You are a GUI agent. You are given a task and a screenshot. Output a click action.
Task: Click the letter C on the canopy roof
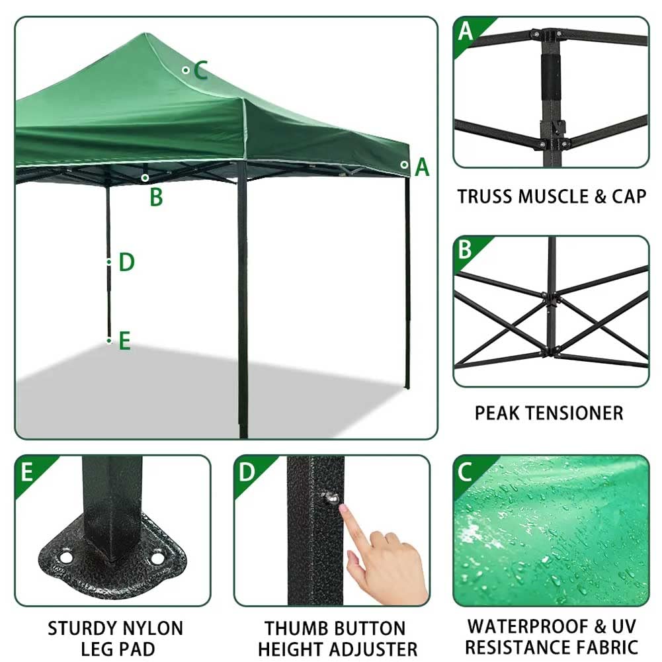click(x=201, y=70)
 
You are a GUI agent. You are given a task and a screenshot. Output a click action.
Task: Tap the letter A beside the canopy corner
click(x=422, y=168)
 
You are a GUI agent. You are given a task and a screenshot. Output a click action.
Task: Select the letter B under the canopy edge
click(x=156, y=197)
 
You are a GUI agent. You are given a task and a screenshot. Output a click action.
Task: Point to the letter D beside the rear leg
click(x=126, y=263)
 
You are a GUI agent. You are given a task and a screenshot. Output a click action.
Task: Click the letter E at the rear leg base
click(x=124, y=341)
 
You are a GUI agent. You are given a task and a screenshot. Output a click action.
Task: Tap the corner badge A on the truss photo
click(x=466, y=31)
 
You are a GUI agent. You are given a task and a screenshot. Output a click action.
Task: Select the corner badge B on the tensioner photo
click(x=466, y=250)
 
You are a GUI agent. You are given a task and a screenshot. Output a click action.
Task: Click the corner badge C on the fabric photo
click(x=465, y=471)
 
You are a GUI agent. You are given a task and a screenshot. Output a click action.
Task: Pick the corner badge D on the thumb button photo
click(x=247, y=472)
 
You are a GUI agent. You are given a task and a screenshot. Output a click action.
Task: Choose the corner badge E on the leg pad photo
click(x=27, y=472)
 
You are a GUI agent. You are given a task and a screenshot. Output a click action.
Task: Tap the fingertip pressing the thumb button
click(x=344, y=508)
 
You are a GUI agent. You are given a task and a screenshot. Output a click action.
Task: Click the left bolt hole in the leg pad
click(x=66, y=558)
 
